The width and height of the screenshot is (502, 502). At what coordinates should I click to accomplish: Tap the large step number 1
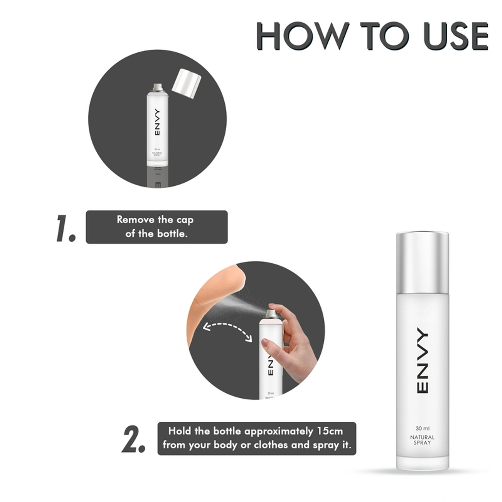pyautogui.click(x=66, y=229)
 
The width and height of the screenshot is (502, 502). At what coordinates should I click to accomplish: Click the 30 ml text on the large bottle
pyautogui.click(x=423, y=428)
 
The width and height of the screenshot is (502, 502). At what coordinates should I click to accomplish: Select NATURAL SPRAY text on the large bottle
pyautogui.click(x=422, y=440)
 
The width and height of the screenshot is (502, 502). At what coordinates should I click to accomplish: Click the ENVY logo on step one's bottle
pyautogui.click(x=157, y=123)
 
